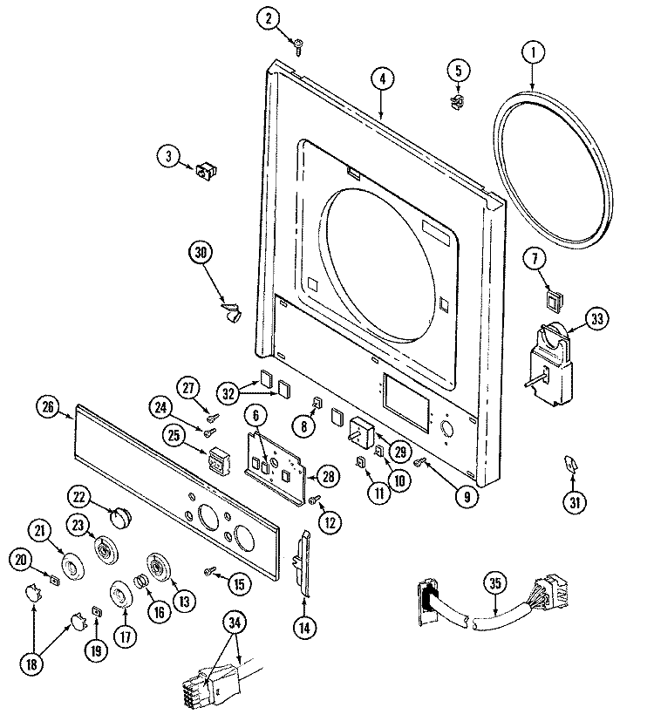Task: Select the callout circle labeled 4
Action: [x=381, y=78]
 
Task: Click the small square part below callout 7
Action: [x=551, y=302]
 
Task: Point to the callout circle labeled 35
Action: [x=496, y=587]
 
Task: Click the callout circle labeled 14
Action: [x=303, y=626]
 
